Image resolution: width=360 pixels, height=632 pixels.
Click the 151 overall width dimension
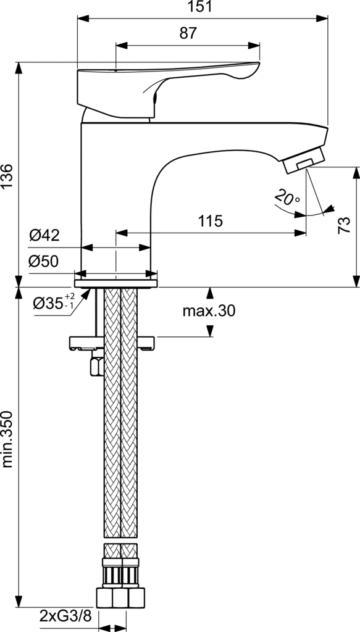tap(202, 6)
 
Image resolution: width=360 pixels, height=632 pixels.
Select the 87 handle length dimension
tap(188, 33)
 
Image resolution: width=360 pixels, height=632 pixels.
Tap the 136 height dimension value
tap(7, 176)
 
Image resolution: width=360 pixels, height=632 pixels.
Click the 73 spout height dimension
tap(344, 225)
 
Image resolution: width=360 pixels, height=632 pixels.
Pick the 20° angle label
tap(287, 197)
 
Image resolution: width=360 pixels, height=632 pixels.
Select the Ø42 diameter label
tap(44, 235)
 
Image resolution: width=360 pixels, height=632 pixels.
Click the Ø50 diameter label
tap(44, 262)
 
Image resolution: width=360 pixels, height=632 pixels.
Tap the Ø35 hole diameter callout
tap(54, 302)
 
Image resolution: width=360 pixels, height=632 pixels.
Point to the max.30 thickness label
tap(209, 311)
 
